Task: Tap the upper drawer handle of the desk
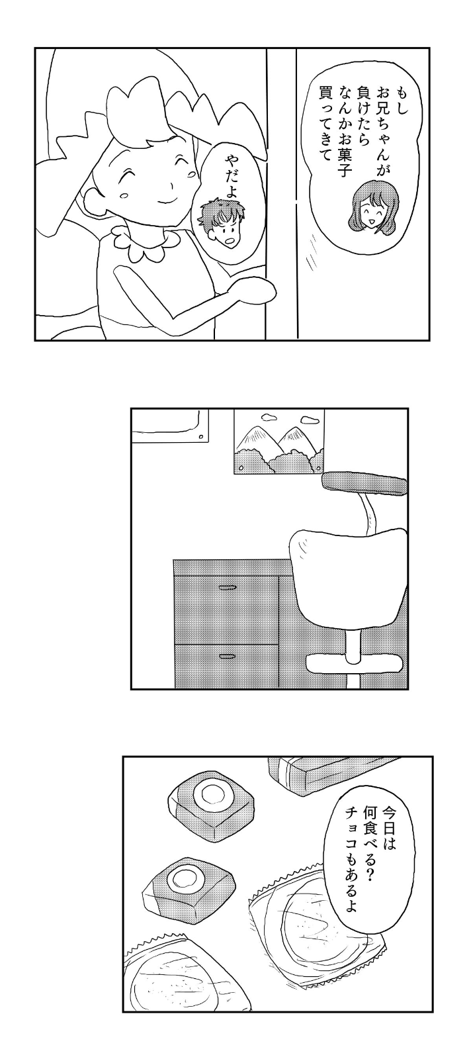228,586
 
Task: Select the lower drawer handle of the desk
228,656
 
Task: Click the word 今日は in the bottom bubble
388,833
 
